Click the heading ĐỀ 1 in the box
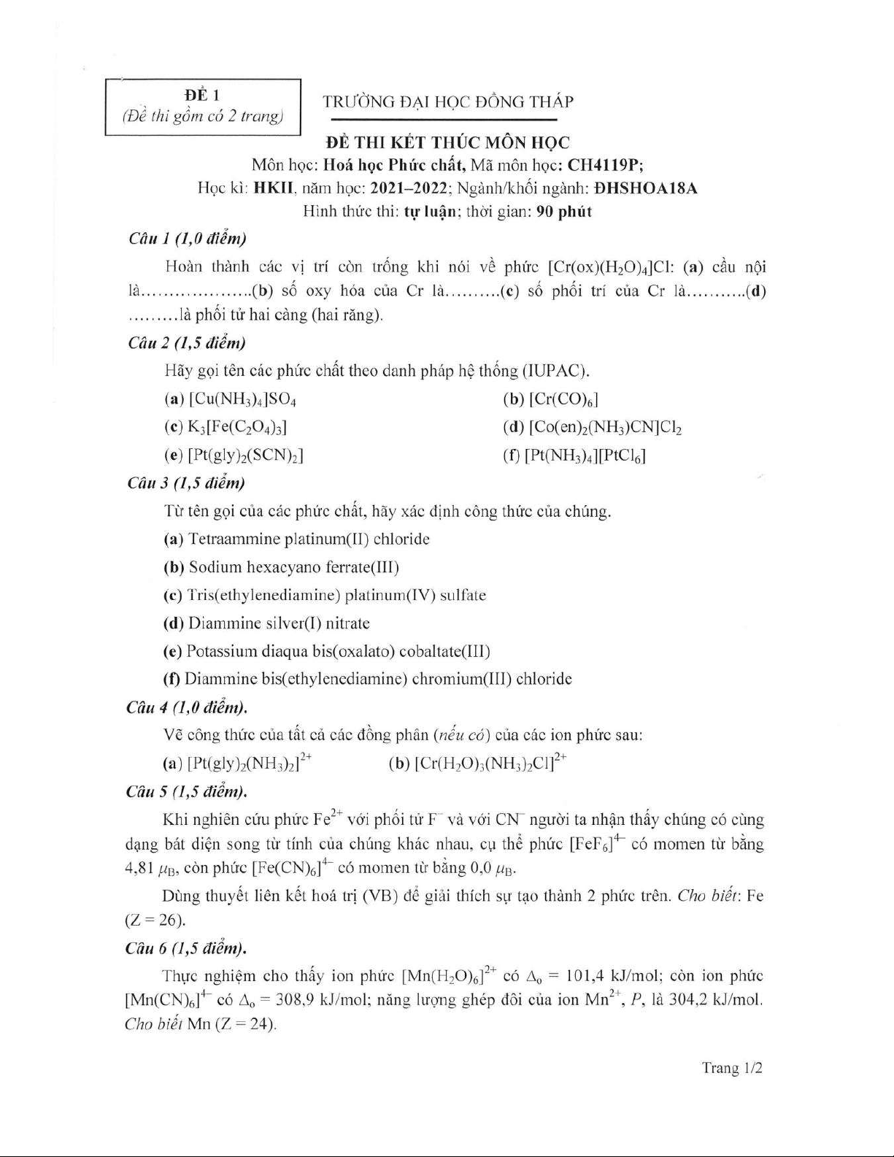[x=202, y=95]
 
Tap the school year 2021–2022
[x=409, y=188]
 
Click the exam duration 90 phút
[x=563, y=212]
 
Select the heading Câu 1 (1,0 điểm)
[x=187, y=239]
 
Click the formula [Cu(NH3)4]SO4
[x=242, y=399]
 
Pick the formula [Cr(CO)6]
[x=563, y=399]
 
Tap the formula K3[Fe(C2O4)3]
[x=242, y=428]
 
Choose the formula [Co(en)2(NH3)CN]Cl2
[x=605, y=428]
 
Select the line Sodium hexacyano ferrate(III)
[x=293, y=567]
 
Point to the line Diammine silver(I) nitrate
[x=279, y=623]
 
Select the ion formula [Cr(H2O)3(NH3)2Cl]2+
[x=490, y=763]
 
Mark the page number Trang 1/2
[x=732, y=1068]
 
